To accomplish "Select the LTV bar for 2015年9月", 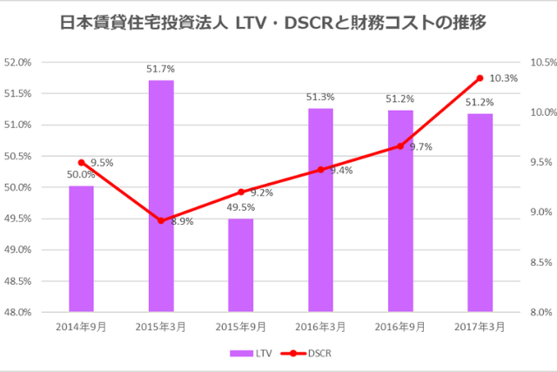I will [x=241, y=265].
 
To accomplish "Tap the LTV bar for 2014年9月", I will [x=81, y=249].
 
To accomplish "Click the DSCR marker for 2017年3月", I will [x=480, y=78].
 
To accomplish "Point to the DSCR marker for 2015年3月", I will [x=161, y=220].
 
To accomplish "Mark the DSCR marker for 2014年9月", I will [x=81, y=163].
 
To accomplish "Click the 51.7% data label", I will [x=161, y=67].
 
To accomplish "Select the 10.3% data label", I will [x=504, y=78].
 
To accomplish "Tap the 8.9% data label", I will [x=182, y=222].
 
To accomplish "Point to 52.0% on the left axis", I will [x=18, y=63].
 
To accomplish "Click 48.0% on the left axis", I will [x=18, y=312].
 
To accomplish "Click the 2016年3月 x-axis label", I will [x=320, y=326].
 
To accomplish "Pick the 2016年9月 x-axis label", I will [x=400, y=326].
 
